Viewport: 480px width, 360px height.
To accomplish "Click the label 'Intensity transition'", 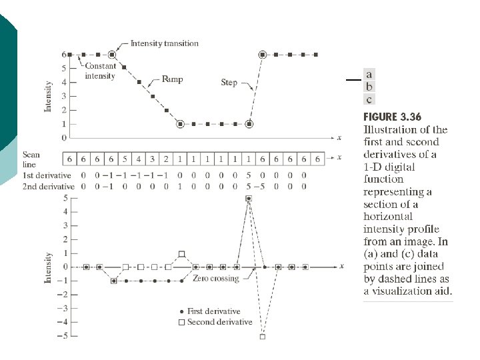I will tap(164, 43).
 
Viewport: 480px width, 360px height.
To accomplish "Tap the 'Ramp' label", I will tap(172, 79).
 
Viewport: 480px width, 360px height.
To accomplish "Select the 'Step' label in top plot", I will tap(229, 83).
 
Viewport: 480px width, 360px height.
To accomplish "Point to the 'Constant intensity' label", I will tap(101, 71).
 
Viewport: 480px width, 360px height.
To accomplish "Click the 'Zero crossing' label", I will tap(215, 278).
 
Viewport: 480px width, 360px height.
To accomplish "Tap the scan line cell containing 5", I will tap(125, 159).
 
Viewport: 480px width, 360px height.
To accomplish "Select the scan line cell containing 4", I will tap(139, 159).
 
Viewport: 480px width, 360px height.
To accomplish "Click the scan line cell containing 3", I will tap(153, 159).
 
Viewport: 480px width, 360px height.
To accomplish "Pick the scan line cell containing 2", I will tap(166, 159).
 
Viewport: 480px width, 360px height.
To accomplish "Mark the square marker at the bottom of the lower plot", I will tap(262, 337).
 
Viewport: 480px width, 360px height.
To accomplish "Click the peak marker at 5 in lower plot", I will tap(249, 199).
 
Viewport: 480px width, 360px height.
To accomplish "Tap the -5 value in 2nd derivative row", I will tap(263, 186).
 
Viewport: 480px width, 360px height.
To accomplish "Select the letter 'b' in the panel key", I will tap(369, 87).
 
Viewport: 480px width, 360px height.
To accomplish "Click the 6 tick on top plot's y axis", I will tap(64, 54).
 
